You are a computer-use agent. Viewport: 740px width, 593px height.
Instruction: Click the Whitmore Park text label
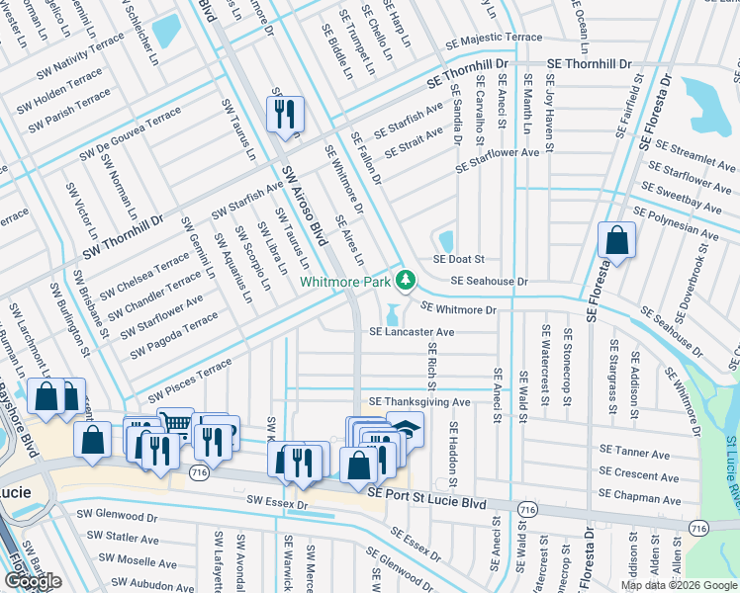pyautogui.click(x=345, y=282)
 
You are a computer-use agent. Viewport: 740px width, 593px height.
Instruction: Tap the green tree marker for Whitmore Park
pyautogui.click(x=405, y=282)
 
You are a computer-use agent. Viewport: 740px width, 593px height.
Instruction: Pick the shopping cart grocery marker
pyautogui.click(x=175, y=424)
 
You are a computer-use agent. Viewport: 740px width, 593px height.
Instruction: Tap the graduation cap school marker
pyautogui.click(x=406, y=428)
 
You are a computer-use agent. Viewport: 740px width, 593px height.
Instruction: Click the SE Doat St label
pyautogui.click(x=458, y=259)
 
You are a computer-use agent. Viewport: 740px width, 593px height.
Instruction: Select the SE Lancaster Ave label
pyautogui.click(x=412, y=333)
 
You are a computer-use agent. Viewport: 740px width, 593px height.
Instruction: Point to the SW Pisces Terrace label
pyautogui.click(x=190, y=381)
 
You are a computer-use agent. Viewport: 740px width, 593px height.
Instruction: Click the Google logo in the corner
pyautogui.click(x=32, y=581)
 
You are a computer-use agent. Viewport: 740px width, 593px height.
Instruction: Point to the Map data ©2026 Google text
pyautogui.click(x=679, y=585)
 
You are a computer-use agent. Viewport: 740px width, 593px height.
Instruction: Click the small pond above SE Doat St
pyautogui.click(x=445, y=240)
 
